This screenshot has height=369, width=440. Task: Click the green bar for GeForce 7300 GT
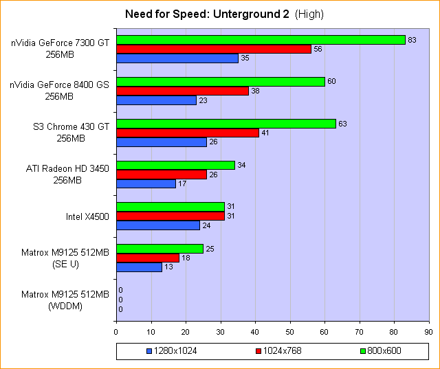coord(261,40)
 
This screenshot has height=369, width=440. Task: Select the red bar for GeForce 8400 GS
coord(182,91)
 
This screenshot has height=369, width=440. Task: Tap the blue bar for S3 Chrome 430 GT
coord(162,142)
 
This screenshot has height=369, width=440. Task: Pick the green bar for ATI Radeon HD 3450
coord(175,165)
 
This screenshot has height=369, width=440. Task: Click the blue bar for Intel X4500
coord(158,225)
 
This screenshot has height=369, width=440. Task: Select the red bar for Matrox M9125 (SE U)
coord(148,258)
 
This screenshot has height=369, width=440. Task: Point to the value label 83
coord(412,40)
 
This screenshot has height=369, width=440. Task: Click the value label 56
coord(318,49)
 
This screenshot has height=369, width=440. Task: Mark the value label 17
coord(182,184)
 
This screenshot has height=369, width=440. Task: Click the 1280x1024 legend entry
coord(172,351)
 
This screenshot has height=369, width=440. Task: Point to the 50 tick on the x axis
coord(290,331)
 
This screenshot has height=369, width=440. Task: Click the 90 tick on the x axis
coord(428,331)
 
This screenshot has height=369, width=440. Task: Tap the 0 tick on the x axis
coord(116,331)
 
